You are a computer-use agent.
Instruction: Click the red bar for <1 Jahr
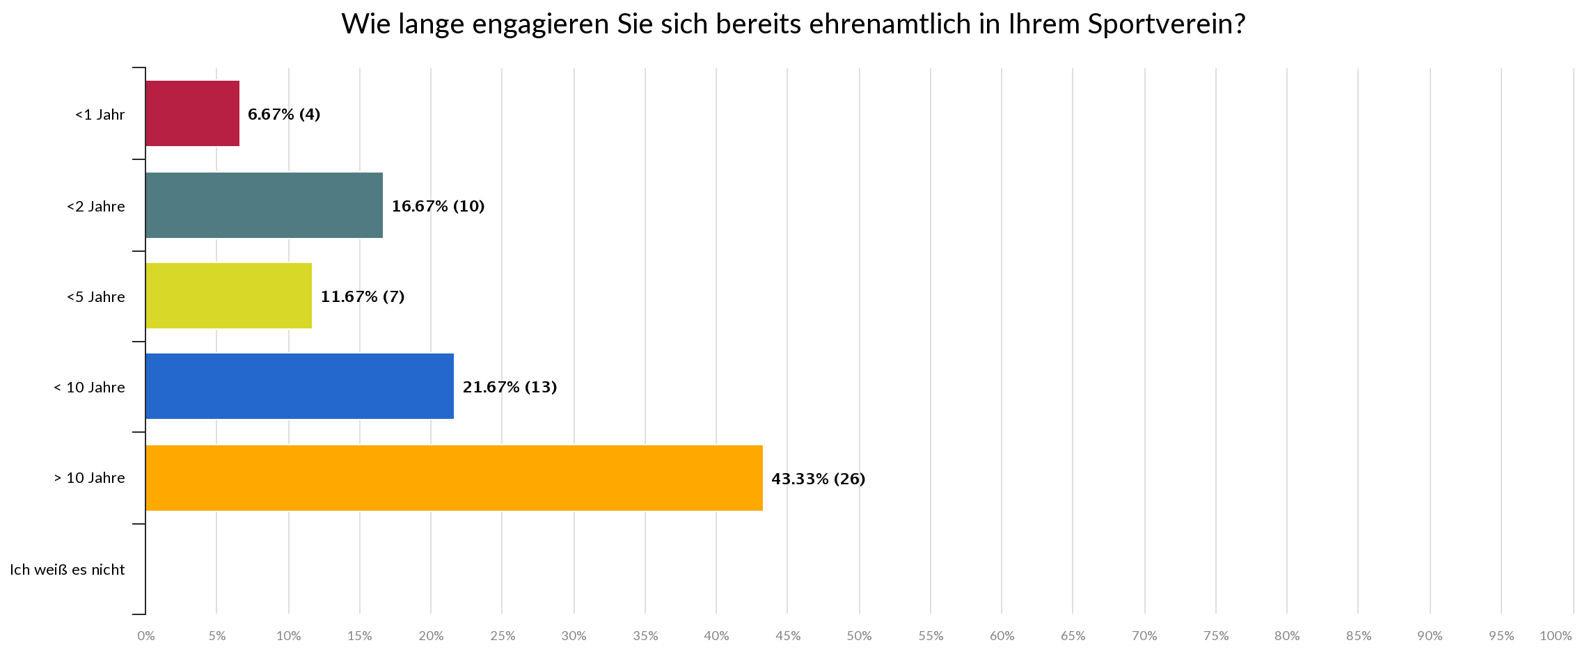click(x=193, y=113)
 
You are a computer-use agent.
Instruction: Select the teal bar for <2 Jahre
click(x=264, y=205)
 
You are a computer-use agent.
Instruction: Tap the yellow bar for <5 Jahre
click(x=229, y=296)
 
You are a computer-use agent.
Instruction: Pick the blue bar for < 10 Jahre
click(x=300, y=386)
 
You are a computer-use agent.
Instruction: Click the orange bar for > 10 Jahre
click(x=454, y=478)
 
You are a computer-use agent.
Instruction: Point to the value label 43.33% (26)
click(x=818, y=479)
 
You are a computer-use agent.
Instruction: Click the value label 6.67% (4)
click(x=284, y=114)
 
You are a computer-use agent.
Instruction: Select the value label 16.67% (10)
click(x=438, y=206)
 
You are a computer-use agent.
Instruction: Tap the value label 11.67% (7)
click(x=363, y=297)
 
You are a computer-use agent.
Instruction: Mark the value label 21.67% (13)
click(x=510, y=387)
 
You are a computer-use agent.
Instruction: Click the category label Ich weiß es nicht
click(x=68, y=570)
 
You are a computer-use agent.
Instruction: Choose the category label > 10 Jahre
click(x=89, y=478)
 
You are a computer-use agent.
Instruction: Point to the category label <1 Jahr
click(x=100, y=115)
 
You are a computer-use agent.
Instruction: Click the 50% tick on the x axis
click(x=859, y=636)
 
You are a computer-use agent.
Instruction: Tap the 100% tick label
click(x=1556, y=636)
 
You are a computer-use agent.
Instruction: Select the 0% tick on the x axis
click(x=145, y=636)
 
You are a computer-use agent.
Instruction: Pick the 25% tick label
click(x=503, y=636)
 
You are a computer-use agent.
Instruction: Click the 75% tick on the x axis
click(x=1216, y=636)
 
